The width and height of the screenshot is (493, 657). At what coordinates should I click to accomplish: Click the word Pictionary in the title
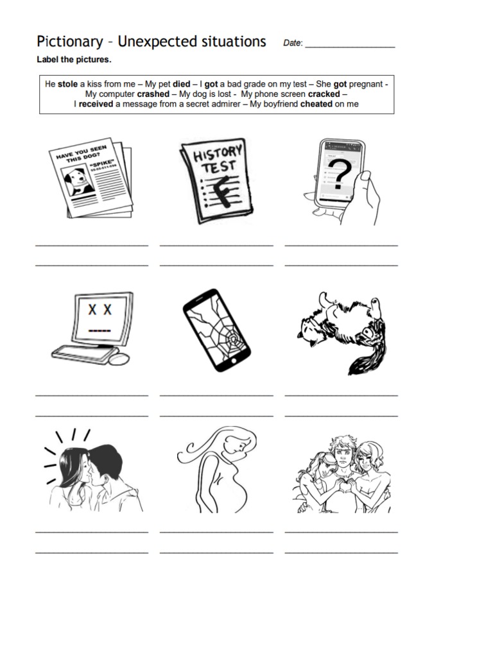[69, 42]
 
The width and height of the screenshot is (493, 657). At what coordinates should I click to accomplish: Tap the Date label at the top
[292, 44]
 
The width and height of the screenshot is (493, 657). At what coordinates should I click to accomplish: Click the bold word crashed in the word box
[153, 94]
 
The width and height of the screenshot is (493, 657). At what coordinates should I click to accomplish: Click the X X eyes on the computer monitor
[99, 310]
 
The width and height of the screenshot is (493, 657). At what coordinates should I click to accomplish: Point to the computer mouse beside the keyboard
[119, 359]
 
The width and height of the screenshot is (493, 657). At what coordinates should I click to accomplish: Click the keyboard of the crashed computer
[80, 352]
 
